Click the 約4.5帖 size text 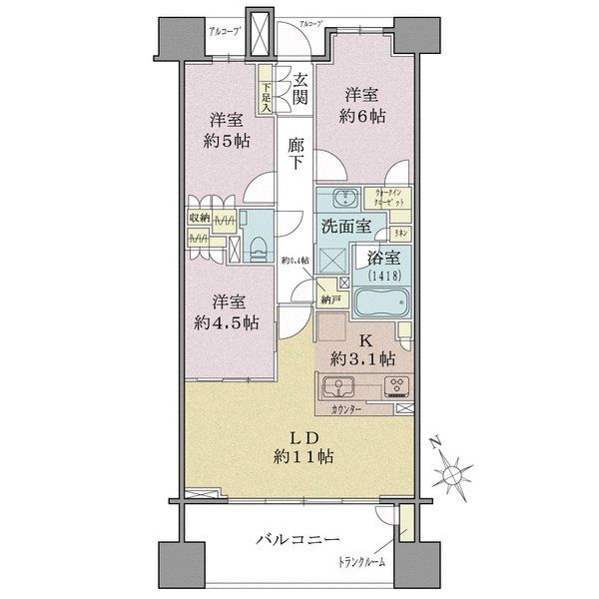coord(229,322)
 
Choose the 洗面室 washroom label coord(345,226)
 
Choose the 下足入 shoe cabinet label coord(267,92)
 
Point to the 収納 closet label coord(198,218)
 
